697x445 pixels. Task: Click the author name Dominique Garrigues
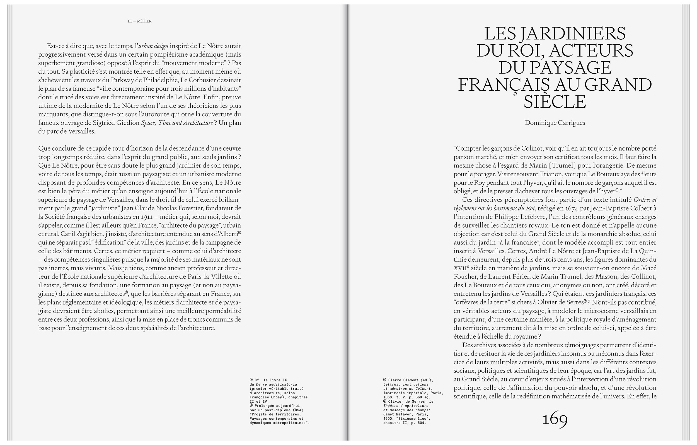pos(555,123)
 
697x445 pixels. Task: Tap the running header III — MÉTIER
pos(140,21)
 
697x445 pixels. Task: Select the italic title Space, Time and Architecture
pos(177,123)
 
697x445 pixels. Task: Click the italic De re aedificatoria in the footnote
pos(276,384)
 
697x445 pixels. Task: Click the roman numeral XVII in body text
pos(460,268)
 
